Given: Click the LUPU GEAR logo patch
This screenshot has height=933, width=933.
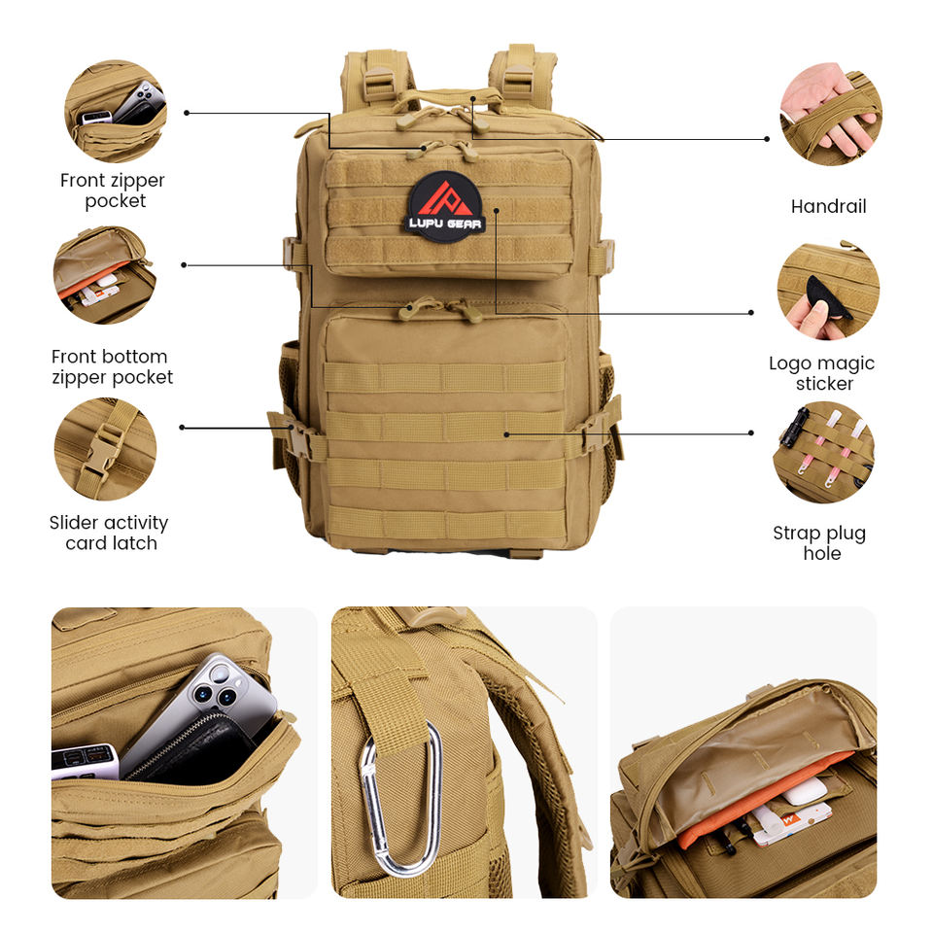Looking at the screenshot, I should click(x=445, y=206).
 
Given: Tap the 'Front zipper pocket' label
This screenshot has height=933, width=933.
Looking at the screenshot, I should click(x=113, y=190).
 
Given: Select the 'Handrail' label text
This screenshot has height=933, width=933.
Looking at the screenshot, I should click(x=828, y=206).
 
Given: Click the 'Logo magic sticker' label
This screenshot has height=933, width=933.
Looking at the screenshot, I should click(x=822, y=373).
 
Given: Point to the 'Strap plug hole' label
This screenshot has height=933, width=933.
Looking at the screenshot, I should click(x=819, y=543).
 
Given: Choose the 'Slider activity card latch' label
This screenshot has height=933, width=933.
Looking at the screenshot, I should click(x=109, y=533).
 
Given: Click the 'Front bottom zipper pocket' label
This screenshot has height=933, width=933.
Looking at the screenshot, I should click(x=112, y=366).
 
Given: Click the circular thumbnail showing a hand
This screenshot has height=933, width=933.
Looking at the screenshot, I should click(x=831, y=113).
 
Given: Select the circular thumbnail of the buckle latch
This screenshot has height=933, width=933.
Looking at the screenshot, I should click(x=105, y=448).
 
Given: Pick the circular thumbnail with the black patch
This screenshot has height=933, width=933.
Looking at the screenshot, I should click(x=828, y=291).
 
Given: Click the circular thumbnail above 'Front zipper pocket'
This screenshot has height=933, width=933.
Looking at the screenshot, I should click(x=115, y=111).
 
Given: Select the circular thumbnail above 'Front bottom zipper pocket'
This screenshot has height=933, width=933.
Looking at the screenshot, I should click(x=104, y=275).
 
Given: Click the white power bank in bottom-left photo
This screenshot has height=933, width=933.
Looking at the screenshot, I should click(x=84, y=760).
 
